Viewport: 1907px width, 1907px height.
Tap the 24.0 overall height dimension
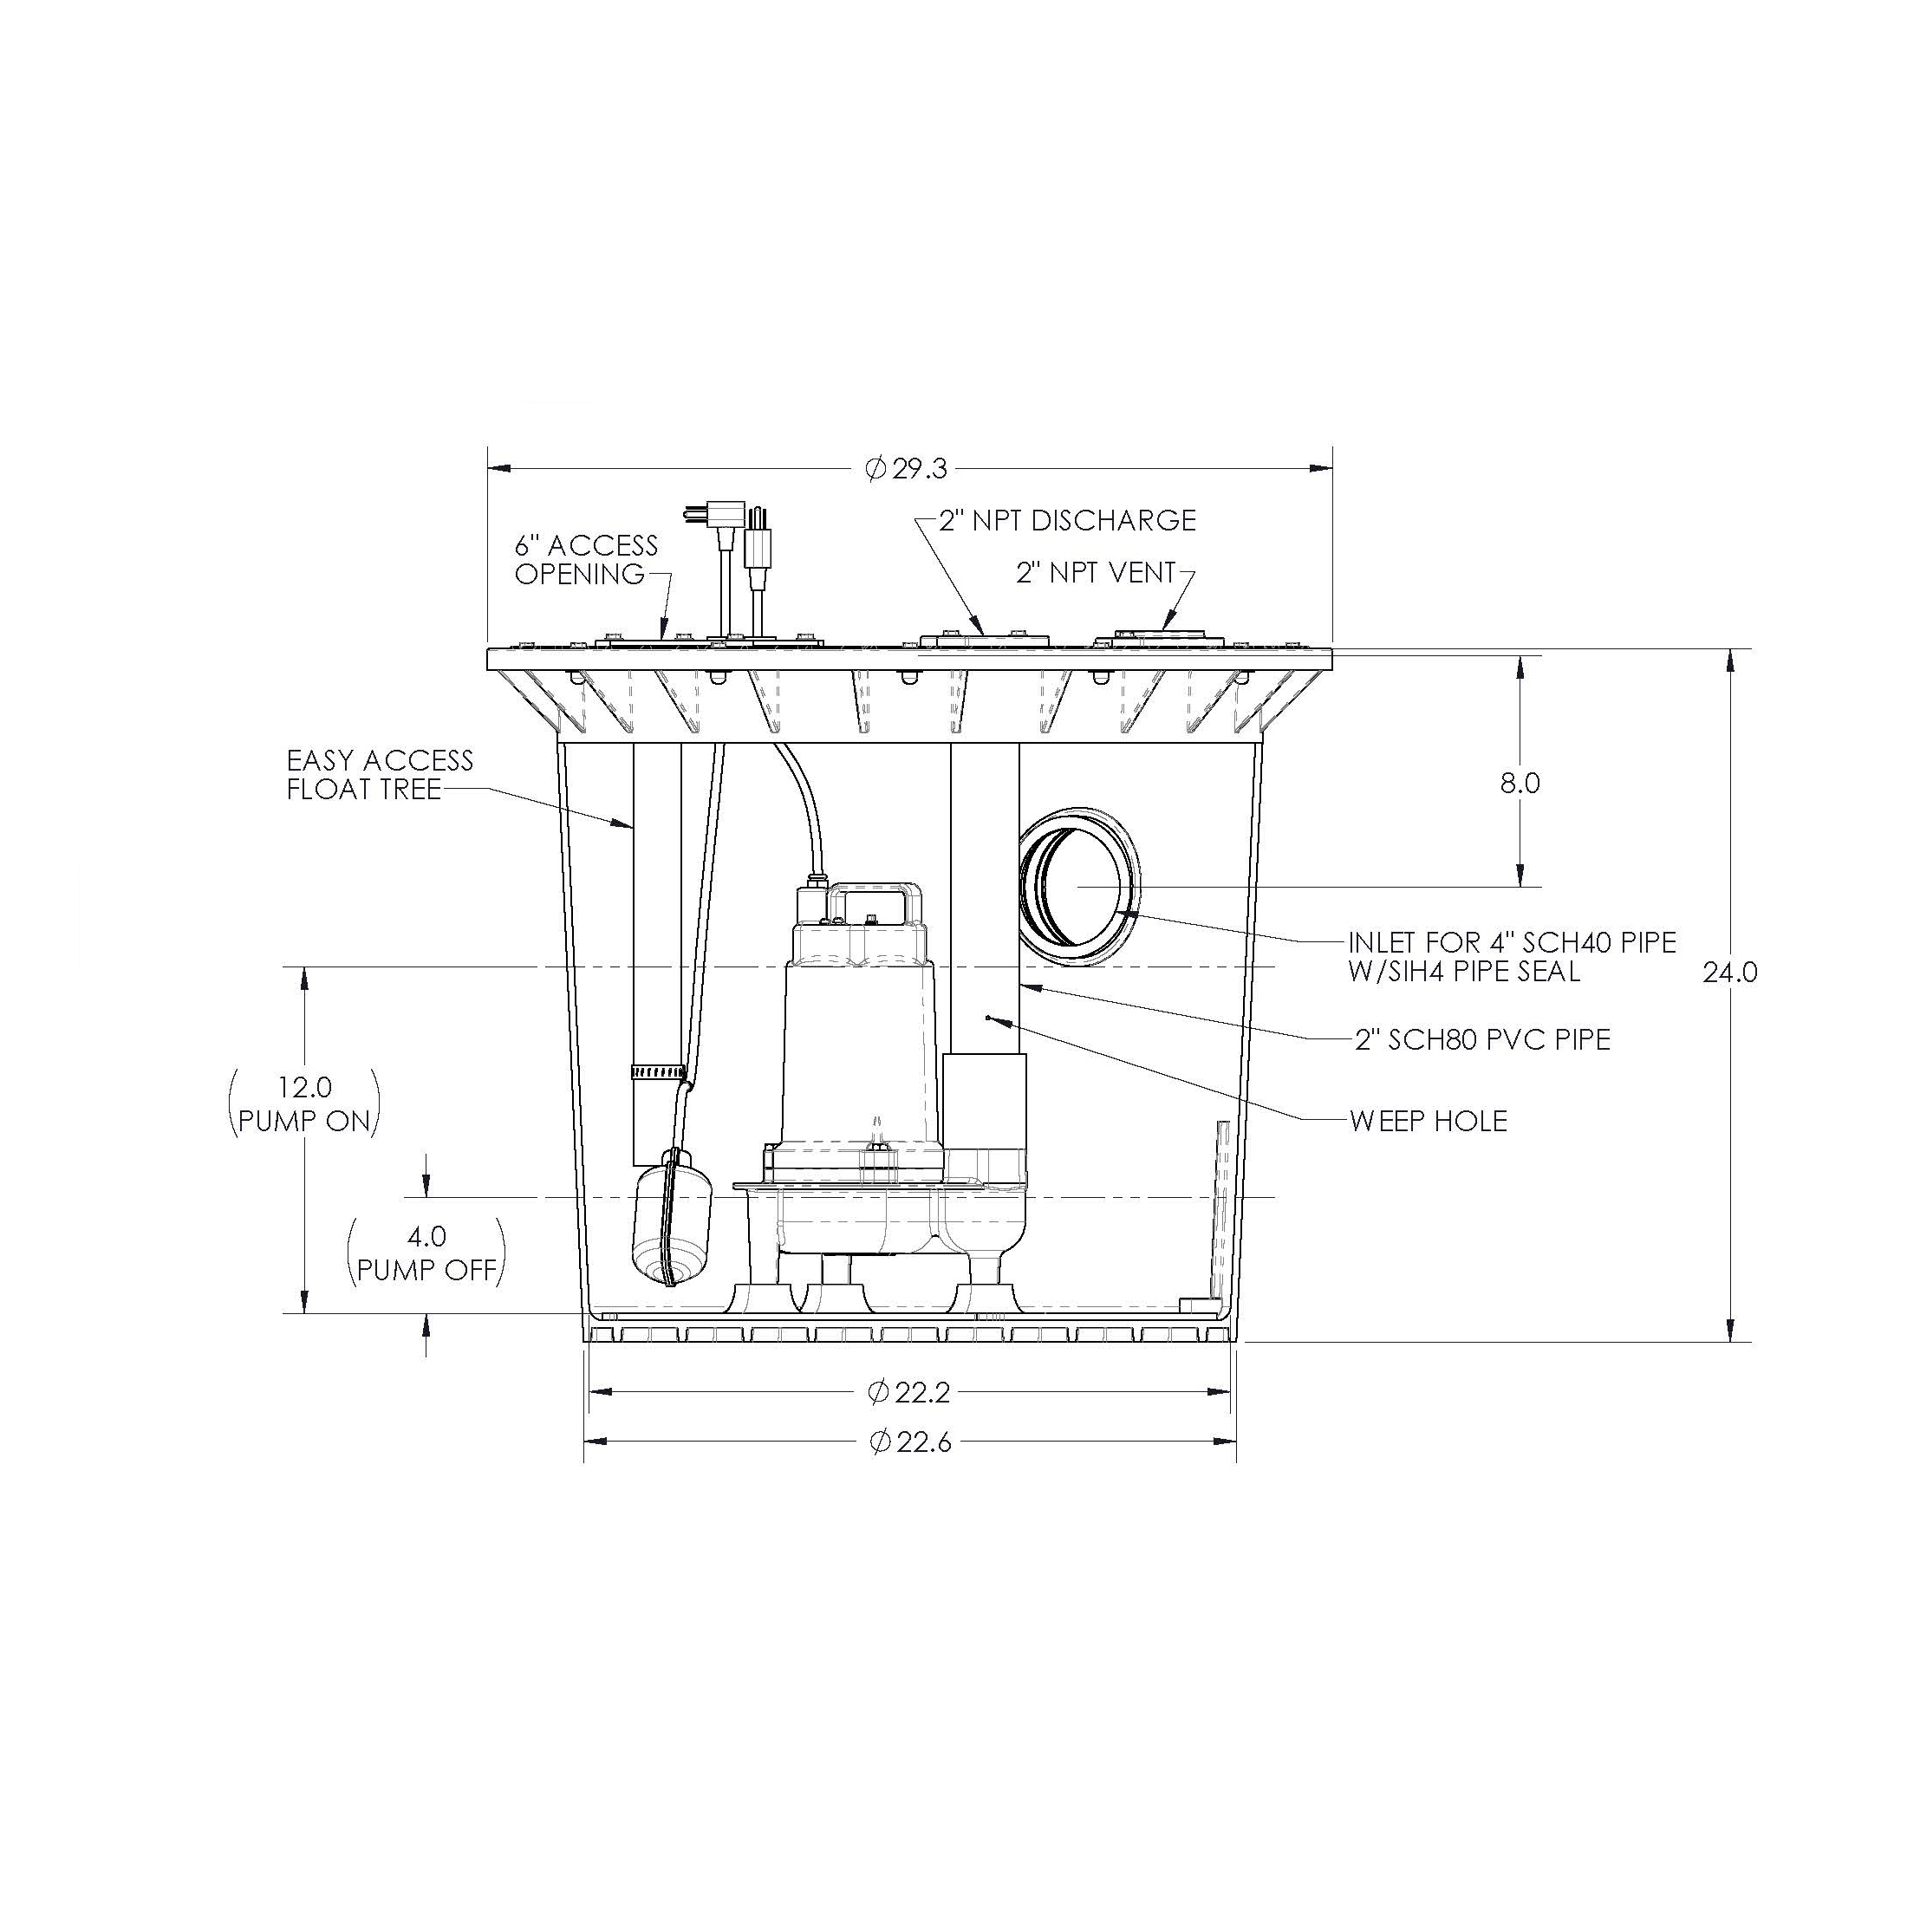point(1730,973)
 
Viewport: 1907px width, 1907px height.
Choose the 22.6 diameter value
point(910,1442)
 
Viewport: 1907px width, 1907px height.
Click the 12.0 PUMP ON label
point(304,1103)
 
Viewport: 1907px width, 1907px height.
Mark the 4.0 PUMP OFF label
point(426,1253)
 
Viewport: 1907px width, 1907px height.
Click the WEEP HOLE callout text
point(1429,1120)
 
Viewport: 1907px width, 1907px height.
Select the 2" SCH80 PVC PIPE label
point(1481,1039)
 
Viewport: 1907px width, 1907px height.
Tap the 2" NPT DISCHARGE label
point(1066,520)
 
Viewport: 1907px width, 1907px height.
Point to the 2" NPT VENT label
point(1096,572)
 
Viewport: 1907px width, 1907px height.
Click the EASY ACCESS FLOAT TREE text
point(379,774)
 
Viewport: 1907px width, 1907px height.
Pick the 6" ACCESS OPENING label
point(585,559)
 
